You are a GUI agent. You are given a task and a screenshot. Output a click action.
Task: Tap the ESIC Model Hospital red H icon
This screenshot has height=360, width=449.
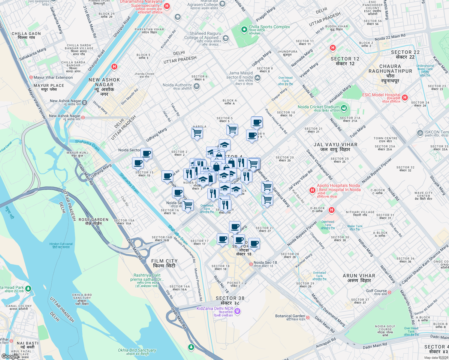(x=405, y=97)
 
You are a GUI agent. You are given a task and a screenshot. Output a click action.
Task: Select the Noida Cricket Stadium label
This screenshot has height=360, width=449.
(x=318, y=107)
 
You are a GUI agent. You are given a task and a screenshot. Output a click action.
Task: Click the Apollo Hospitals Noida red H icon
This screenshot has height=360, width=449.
(x=312, y=190)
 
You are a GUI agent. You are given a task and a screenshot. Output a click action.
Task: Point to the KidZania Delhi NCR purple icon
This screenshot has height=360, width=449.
(x=238, y=311)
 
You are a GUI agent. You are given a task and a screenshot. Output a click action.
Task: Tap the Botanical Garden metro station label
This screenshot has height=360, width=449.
(x=290, y=316)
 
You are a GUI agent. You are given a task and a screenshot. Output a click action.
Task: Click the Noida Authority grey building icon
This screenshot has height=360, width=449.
(x=197, y=87)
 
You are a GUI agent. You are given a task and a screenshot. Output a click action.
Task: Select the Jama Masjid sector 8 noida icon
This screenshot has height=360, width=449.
(x=258, y=78)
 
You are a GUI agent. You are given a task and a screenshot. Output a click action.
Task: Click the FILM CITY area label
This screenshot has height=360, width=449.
(x=164, y=263)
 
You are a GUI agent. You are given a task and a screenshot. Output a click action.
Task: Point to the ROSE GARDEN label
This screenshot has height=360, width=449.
(x=93, y=221)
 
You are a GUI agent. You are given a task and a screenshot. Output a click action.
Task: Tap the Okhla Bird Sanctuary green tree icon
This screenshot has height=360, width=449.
(x=191, y=347)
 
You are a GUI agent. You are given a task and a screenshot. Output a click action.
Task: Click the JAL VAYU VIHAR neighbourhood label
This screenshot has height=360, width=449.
(x=335, y=147)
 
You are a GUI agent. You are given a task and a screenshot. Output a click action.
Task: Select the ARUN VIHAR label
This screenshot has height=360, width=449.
(x=359, y=278)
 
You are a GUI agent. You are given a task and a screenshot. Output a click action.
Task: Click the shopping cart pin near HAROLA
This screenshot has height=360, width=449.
(x=197, y=132)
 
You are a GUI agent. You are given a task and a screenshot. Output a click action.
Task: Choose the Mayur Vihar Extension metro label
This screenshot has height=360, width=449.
(x=53, y=77)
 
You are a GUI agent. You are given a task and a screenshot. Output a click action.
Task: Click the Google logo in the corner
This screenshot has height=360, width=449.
(x=10, y=356)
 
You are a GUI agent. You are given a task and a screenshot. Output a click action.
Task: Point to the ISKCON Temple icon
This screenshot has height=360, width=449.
(x=420, y=133)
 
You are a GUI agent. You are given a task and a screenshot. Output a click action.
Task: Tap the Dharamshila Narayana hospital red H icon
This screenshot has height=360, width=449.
(x=167, y=6)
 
